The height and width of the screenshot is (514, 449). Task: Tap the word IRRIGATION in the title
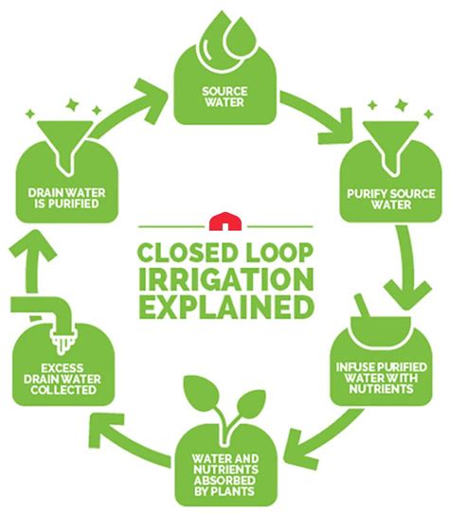click(x=225, y=281)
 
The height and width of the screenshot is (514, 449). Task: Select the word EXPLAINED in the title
click(x=225, y=308)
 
